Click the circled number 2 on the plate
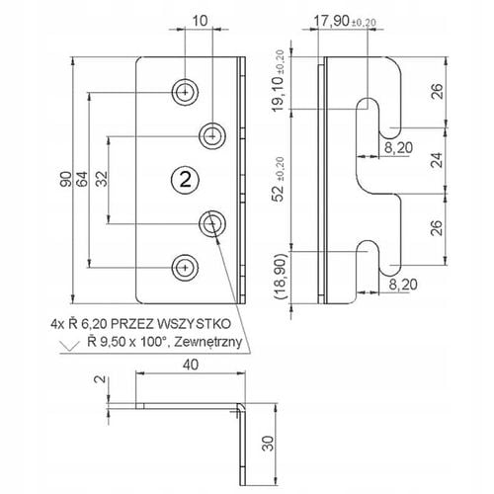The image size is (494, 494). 185,180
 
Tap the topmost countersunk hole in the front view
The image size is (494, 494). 185,93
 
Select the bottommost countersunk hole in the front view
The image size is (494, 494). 185,268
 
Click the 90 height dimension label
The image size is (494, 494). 66,179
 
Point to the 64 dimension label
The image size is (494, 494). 83,179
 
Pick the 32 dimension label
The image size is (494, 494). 102,179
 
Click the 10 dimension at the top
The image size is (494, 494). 200,21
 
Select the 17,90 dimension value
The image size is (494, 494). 331,21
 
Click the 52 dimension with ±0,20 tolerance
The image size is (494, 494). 279,179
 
